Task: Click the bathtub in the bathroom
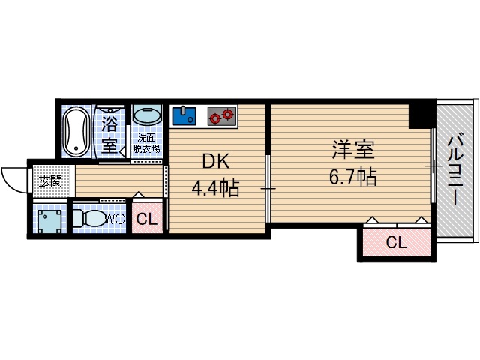click(x=75, y=131)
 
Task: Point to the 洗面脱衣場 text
click(x=147, y=143)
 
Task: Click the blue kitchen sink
click(x=184, y=116)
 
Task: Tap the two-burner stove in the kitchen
click(x=221, y=116)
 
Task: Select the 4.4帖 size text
click(x=215, y=188)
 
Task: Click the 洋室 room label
click(x=354, y=149)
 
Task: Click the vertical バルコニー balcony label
click(x=455, y=170)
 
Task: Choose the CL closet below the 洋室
click(x=396, y=241)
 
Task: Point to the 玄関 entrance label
click(x=50, y=181)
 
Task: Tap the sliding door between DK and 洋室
click(x=268, y=187)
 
